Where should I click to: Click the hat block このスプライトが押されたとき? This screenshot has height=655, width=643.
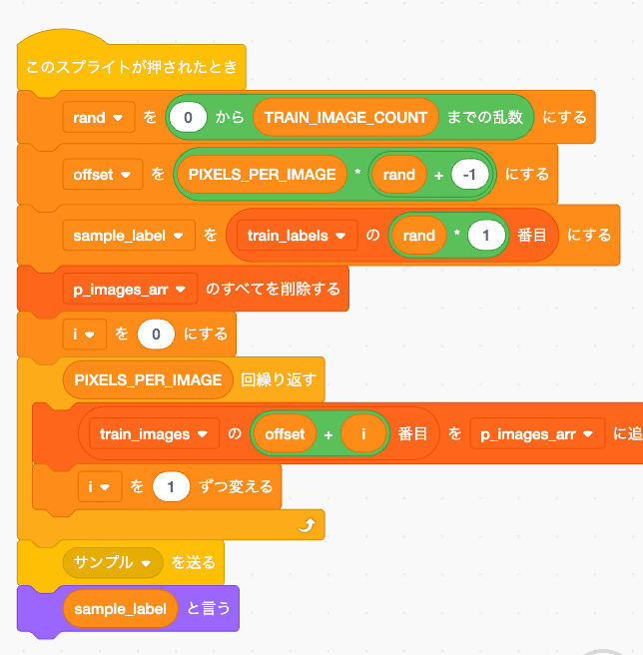click(x=131, y=69)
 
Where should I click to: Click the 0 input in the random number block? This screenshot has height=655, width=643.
click(x=189, y=118)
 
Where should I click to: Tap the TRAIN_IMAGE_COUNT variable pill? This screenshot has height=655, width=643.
click(x=345, y=118)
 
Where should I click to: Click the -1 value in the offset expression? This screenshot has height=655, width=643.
click(x=468, y=175)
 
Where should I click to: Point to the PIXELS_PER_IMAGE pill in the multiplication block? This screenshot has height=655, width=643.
click(x=262, y=175)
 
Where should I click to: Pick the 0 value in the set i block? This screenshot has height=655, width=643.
click(x=157, y=333)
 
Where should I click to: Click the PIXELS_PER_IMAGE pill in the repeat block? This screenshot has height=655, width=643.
click(x=148, y=380)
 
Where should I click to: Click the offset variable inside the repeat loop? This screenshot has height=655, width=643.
click(x=285, y=434)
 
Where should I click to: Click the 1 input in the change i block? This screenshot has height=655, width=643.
click(x=171, y=488)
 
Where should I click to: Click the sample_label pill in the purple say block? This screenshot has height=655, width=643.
click(x=120, y=608)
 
